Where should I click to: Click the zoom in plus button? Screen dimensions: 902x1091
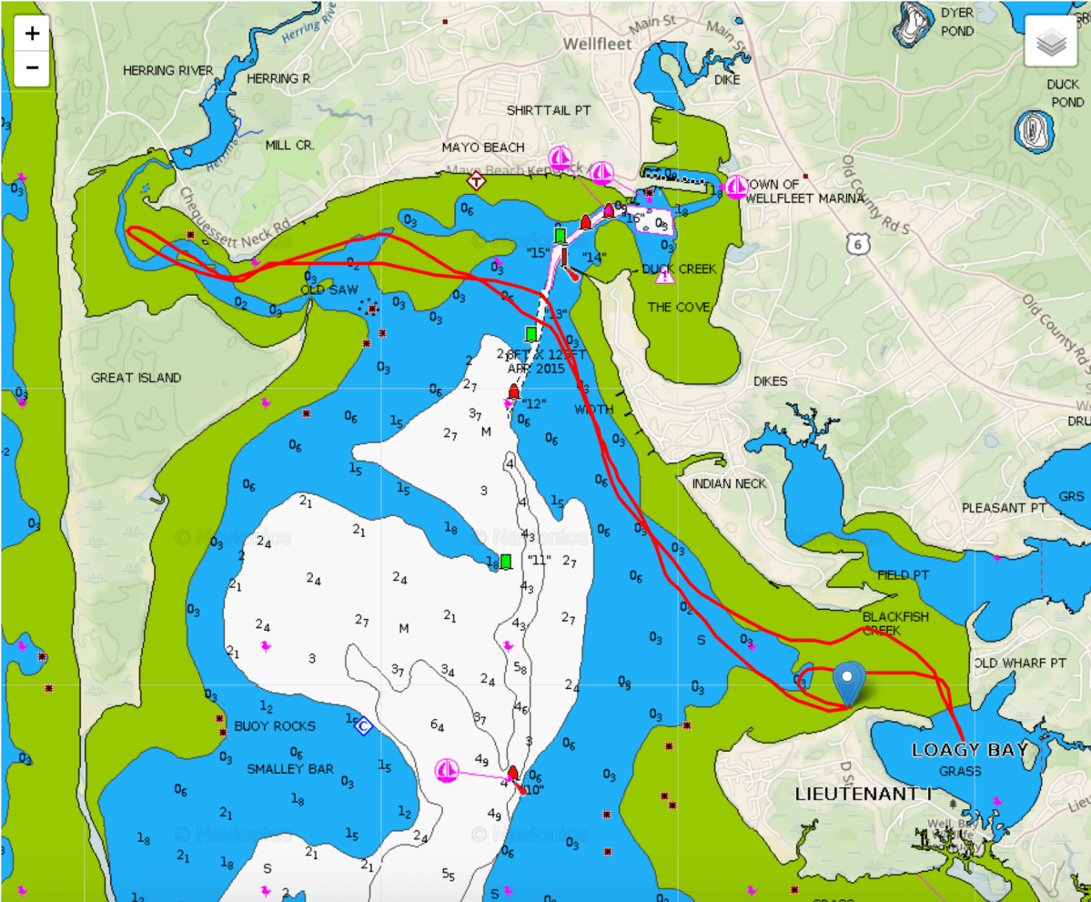[32, 34]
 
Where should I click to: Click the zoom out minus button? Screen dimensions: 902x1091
[32, 66]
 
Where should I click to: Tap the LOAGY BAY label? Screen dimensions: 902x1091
[969, 750]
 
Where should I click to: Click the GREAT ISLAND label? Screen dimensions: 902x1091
[136, 377]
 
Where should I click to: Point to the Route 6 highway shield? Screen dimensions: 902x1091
[854, 243]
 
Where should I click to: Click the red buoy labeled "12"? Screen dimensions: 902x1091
[513, 392]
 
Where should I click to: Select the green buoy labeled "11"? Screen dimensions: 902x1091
[505, 561]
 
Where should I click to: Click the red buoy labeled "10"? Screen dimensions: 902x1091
[512, 774]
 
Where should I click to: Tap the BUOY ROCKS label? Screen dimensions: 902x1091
[275, 725]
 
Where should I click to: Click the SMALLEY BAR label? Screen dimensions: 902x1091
[290, 768]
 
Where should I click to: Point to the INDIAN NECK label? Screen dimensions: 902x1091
[729, 483]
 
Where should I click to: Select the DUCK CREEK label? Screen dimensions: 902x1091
[679, 269]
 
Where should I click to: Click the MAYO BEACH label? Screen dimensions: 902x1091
[483, 147]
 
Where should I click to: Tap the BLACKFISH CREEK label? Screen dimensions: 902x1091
[895, 623]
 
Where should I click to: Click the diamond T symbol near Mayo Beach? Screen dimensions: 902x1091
[476, 181]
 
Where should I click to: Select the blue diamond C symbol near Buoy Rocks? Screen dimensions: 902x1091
[363, 725]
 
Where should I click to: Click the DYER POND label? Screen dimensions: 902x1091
[956, 22]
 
